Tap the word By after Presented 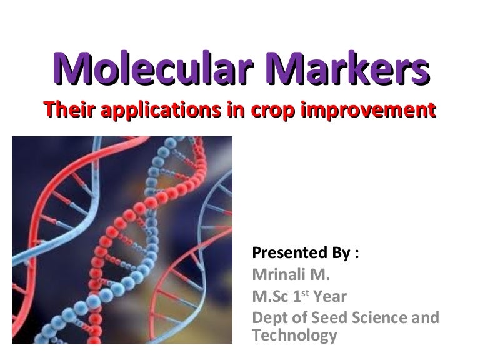[337, 254]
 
